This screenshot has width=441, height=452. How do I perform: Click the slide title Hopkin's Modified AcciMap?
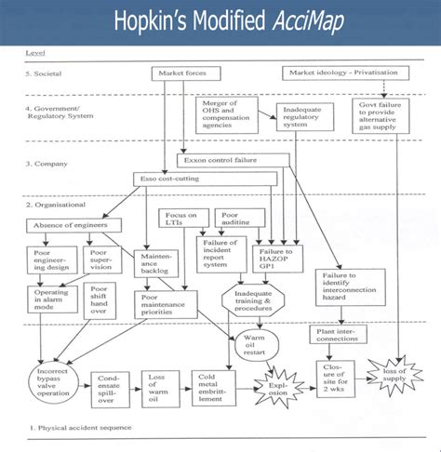coord(220,20)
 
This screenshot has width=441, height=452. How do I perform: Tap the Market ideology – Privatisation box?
coord(344,72)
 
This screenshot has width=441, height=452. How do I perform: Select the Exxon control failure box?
coord(223,160)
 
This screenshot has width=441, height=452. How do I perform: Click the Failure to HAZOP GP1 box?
coord(276,258)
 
